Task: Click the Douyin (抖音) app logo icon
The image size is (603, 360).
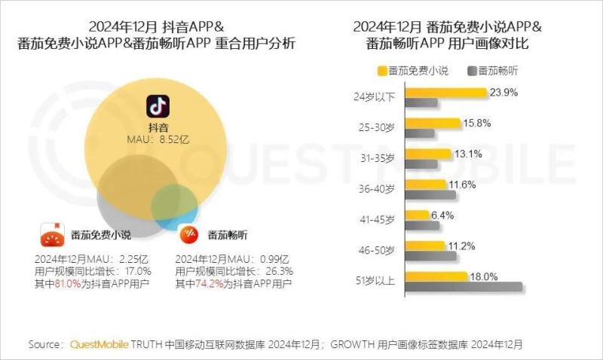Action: click(x=157, y=106)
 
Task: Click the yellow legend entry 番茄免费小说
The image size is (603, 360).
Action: click(x=413, y=71)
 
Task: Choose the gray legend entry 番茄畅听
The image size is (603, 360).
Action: click(x=494, y=71)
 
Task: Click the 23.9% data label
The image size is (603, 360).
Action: click(x=504, y=92)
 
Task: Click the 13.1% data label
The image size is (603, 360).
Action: click(x=467, y=154)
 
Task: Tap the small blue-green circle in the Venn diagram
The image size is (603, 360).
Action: click(x=175, y=203)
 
